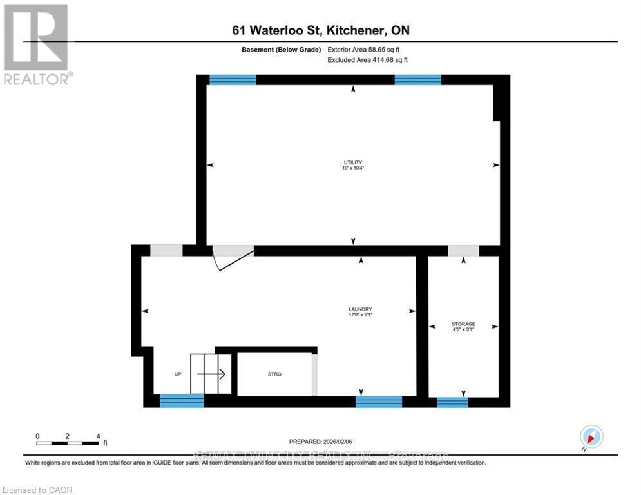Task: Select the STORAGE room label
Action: pyautogui.click(x=463, y=326)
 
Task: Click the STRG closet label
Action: pyautogui.click(x=274, y=374)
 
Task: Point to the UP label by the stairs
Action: pyautogui.click(x=178, y=374)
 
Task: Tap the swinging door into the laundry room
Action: pyautogui.click(x=233, y=257)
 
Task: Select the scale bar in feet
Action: pyautogui.click(x=68, y=442)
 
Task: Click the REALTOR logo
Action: pyautogui.click(x=37, y=44)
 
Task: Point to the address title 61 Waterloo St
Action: pyautogui.click(x=321, y=30)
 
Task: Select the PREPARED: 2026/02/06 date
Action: pyautogui.click(x=321, y=442)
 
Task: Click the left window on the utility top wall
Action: pyautogui.click(x=233, y=80)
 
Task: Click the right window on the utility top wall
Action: pyautogui.click(x=417, y=80)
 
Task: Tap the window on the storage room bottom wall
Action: pyautogui.click(x=452, y=402)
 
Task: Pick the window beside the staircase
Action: pyautogui.click(x=182, y=401)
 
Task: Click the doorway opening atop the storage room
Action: pyautogui.click(x=463, y=251)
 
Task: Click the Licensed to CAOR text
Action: pyautogui.click(x=37, y=490)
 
